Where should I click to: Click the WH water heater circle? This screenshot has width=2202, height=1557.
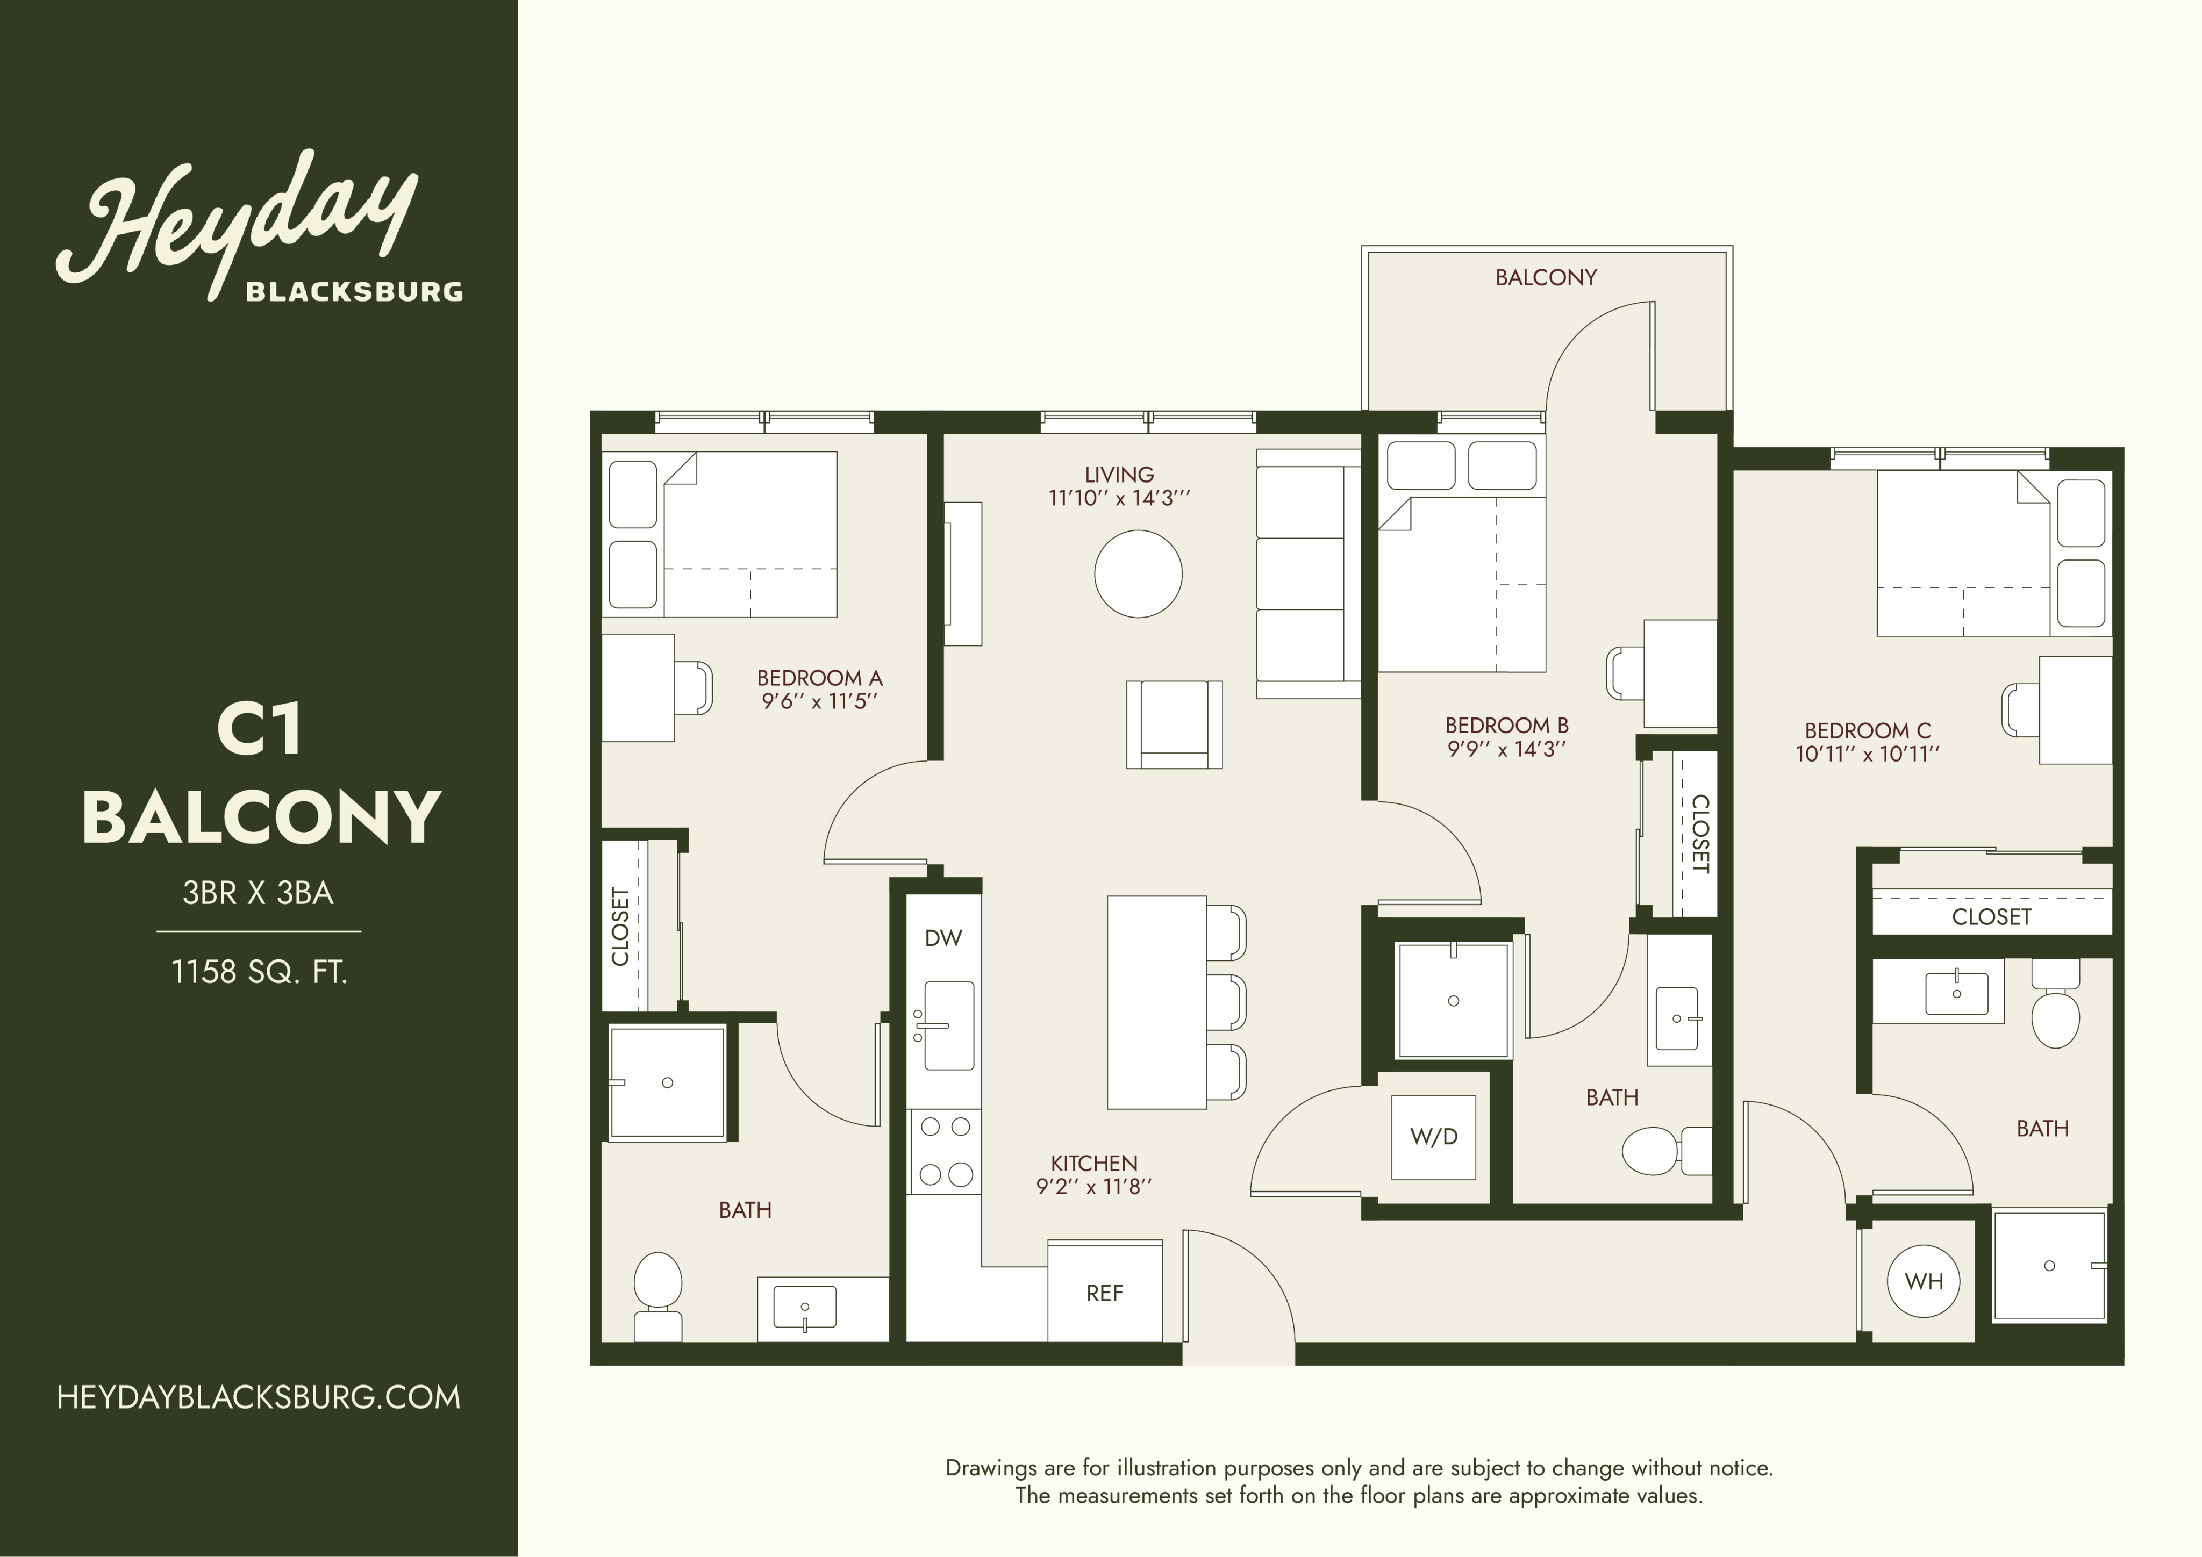(1923, 1281)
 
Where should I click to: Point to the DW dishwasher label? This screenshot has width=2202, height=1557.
(943, 938)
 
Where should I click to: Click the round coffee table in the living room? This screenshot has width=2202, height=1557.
(1139, 575)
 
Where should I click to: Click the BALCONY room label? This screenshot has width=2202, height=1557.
(1546, 278)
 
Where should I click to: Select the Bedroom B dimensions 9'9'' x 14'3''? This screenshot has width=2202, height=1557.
(1507, 749)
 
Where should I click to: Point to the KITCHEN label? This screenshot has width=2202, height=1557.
(1093, 1163)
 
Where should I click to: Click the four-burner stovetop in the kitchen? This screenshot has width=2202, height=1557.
(946, 1151)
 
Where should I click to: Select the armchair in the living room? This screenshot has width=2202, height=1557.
(1174, 724)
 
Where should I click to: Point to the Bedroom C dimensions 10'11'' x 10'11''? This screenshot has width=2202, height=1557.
(1867, 754)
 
